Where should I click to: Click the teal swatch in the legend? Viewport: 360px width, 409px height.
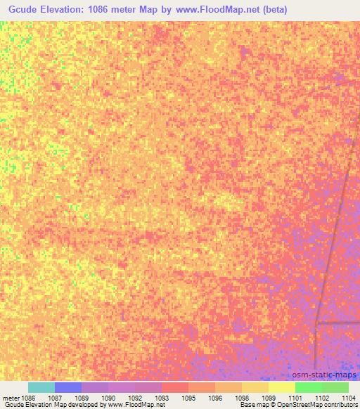click(x=41, y=387)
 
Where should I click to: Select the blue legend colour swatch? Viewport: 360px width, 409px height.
click(x=68, y=387)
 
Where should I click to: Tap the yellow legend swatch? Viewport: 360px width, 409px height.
click(x=281, y=387)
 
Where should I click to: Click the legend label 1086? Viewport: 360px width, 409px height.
click(x=27, y=397)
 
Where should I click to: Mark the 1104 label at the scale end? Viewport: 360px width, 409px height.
click(x=349, y=397)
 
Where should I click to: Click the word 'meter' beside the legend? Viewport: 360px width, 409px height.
click(x=11, y=397)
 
